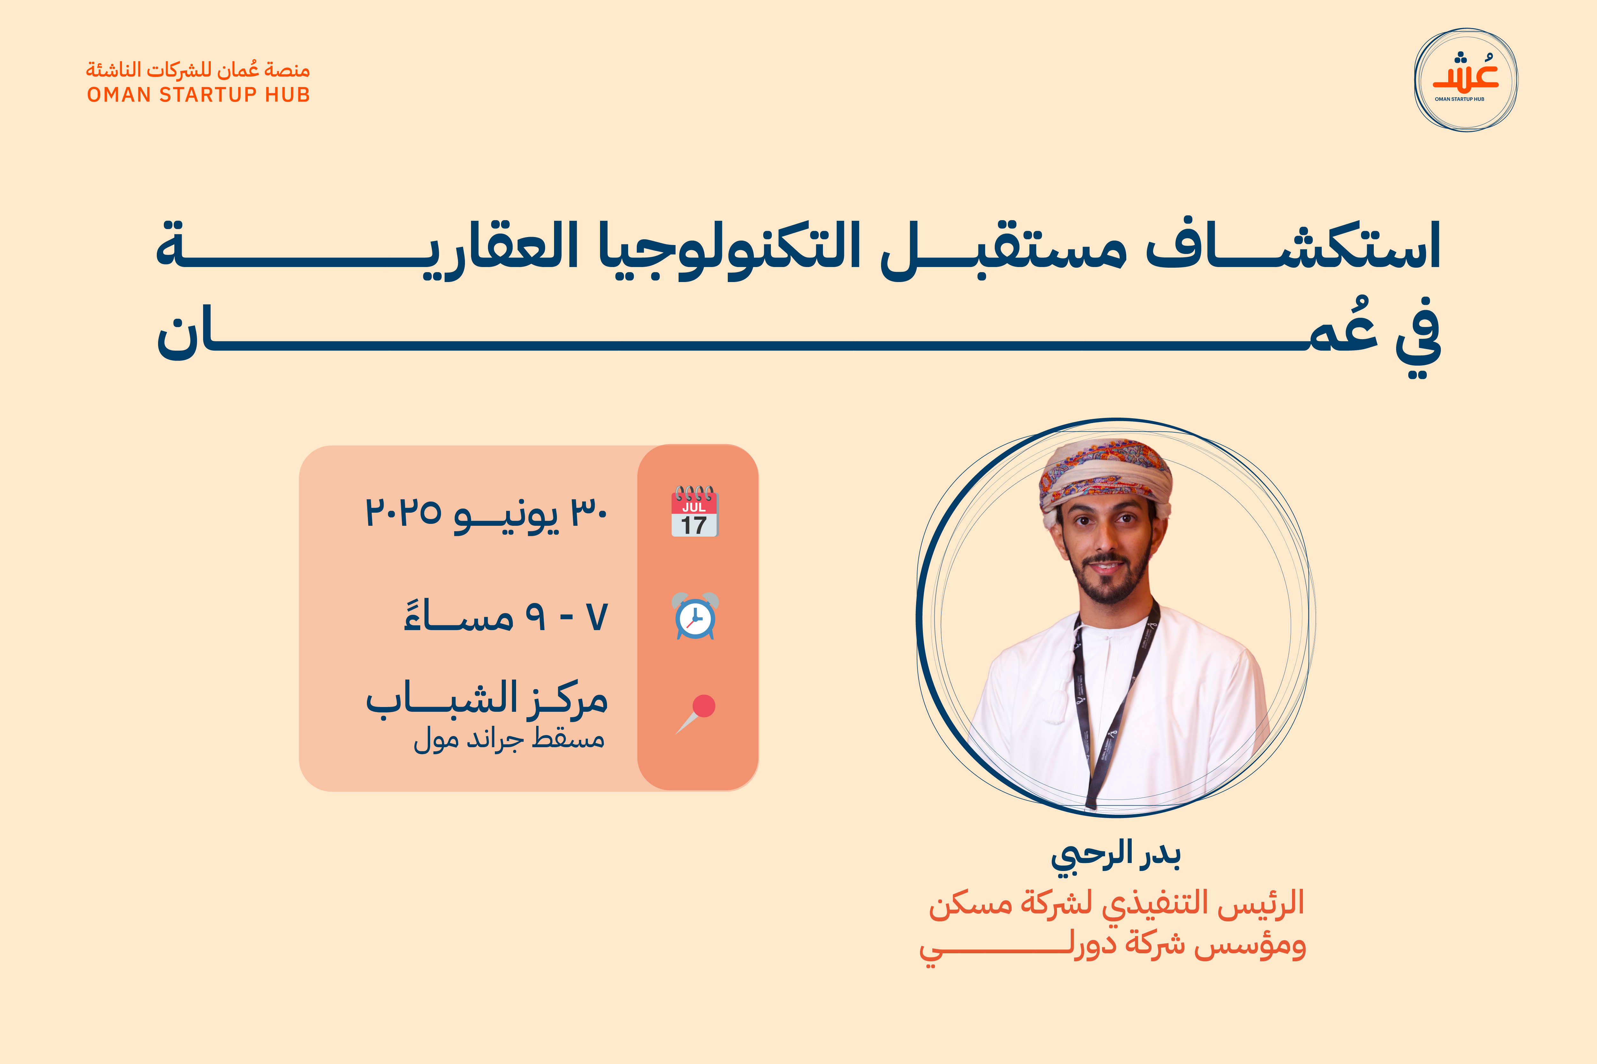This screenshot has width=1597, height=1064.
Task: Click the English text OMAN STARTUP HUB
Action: pyautogui.click(x=198, y=94)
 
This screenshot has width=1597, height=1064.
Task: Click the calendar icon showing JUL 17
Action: pyautogui.click(x=695, y=511)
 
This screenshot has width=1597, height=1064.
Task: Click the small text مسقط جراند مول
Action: pyautogui.click(x=509, y=738)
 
